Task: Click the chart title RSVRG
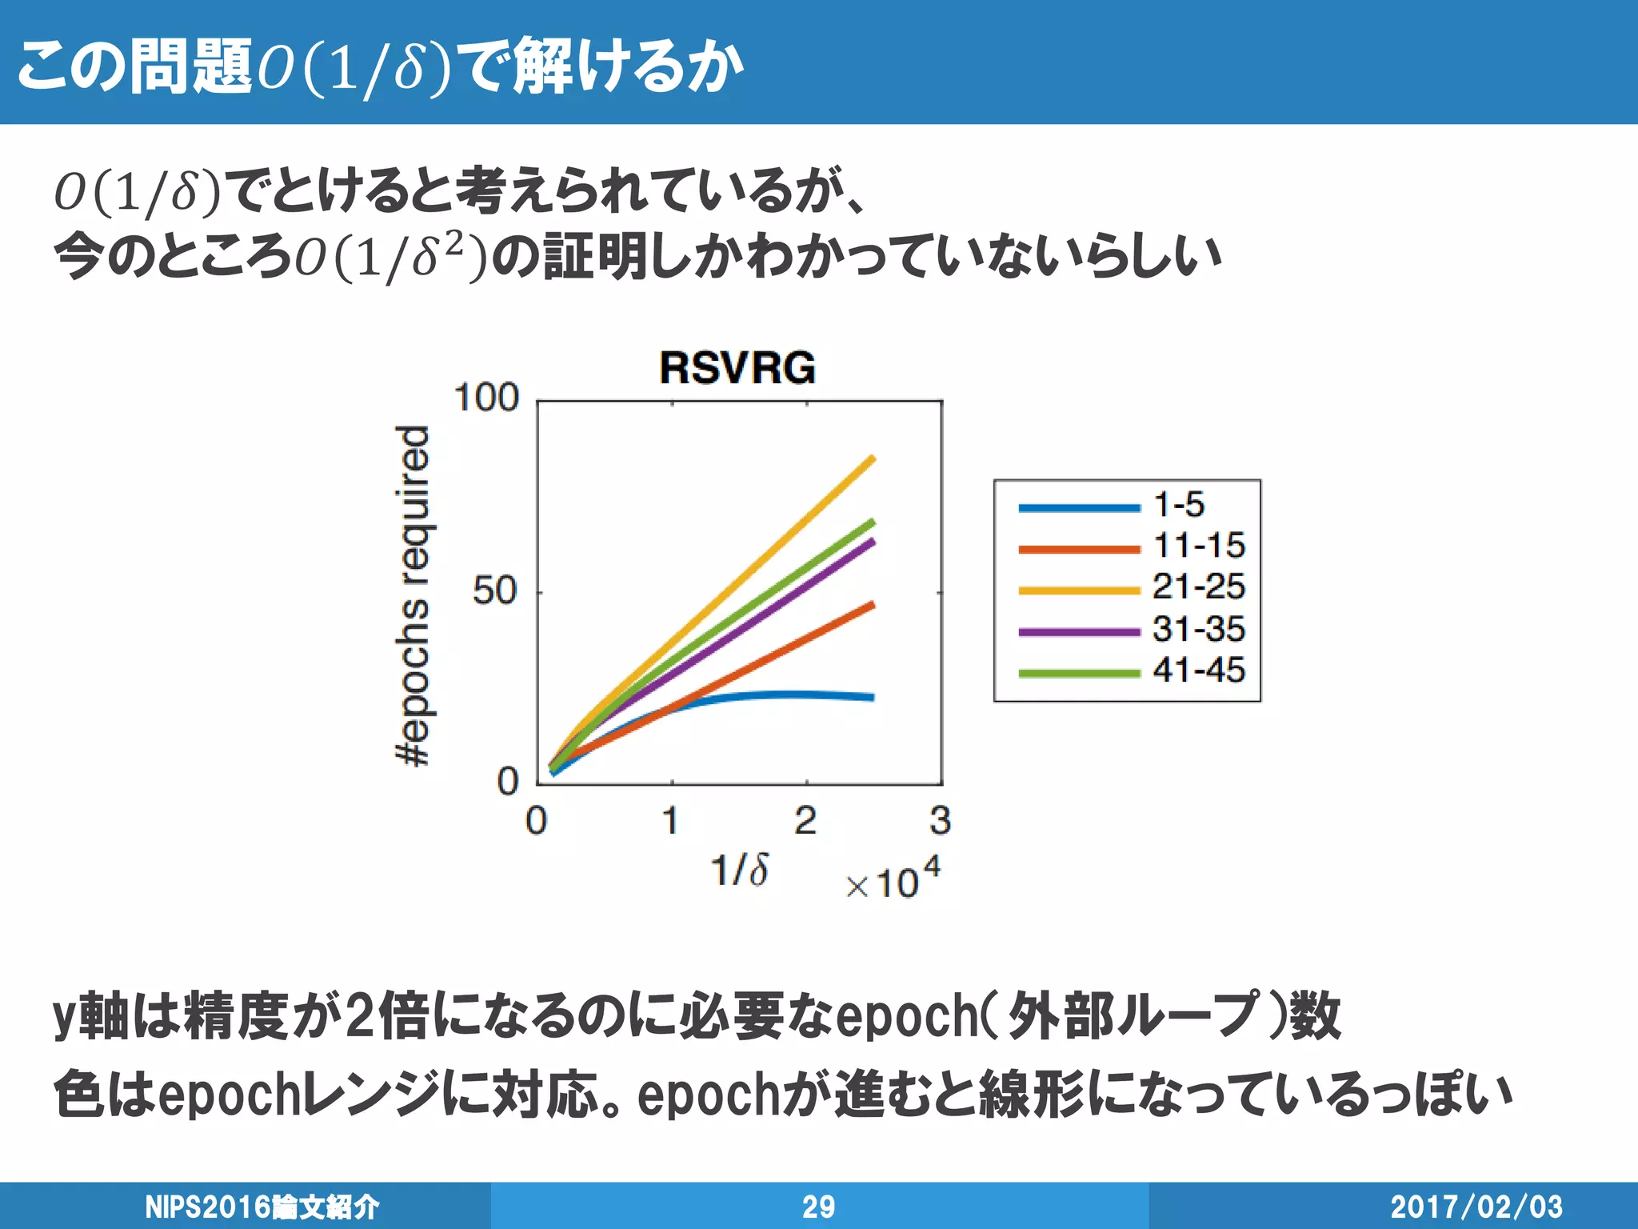click(737, 368)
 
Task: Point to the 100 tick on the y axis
click(486, 398)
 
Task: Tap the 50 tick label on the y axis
click(494, 591)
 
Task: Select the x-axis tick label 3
click(941, 821)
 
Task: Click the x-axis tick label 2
click(805, 821)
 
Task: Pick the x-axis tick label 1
click(670, 821)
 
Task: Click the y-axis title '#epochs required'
click(414, 595)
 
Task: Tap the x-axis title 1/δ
click(740, 870)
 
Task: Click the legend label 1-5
click(1178, 505)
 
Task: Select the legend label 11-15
click(1198, 546)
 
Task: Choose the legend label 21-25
click(1198, 587)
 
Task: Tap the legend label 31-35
click(1198, 629)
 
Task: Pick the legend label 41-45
click(1198, 670)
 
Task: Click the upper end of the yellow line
click(872, 458)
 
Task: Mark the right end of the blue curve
click(872, 698)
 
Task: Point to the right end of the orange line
click(872, 605)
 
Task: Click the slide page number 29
click(818, 1207)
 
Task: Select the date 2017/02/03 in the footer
click(1476, 1207)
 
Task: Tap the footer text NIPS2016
click(208, 1207)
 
